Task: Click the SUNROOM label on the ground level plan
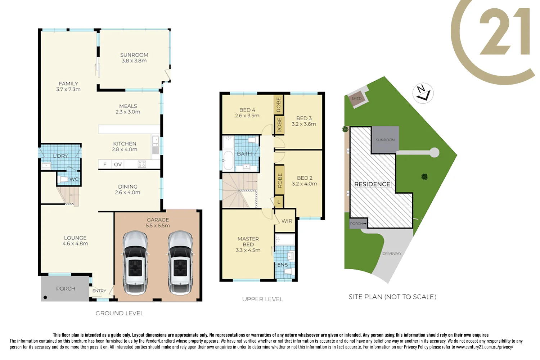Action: coord(134,55)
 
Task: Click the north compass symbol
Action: coord(423,93)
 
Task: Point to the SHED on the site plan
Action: coord(356,99)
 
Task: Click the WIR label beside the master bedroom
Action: coord(287,221)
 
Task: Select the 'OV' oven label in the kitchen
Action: coord(118,165)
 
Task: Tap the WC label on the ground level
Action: coord(74,179)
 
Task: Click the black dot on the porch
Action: coord(45,297)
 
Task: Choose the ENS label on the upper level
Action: coord(283,265)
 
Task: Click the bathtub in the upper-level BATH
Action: coord(228,161)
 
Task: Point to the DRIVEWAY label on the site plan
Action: coord(392,253)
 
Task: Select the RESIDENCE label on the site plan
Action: coord(372,184)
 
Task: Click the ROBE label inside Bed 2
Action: coord(280,180)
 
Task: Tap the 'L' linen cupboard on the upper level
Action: coord(279,202)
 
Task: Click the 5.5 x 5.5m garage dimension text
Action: coord(158,226)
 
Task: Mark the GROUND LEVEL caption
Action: coord(120,314)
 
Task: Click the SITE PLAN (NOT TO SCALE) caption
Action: coord(392,297)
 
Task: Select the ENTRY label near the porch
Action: coord(99,291)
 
